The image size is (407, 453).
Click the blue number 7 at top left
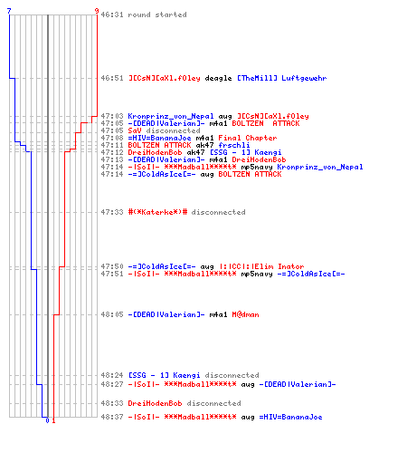point(9,11)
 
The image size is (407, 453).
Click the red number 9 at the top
point(97,11)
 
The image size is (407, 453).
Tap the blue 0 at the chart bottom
point(47,420)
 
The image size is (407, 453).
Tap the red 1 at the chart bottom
point(53,420)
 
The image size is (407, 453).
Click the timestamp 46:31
point(112,14)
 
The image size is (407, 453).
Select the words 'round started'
point(157,14)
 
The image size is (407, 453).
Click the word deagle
point(218,78)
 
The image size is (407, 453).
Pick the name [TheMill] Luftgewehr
point(282,78)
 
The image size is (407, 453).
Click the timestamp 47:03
point(112,116)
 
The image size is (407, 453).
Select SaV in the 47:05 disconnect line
point(135,130)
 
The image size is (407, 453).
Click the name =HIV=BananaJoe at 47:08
point(159,138)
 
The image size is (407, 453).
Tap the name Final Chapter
point(248,138)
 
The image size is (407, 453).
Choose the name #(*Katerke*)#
point(157,212)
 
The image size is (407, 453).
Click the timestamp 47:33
point(112,212)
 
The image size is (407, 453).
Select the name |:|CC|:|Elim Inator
point(261,266)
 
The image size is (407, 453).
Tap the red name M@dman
point(245,314)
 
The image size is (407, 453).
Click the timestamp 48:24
point(112,375)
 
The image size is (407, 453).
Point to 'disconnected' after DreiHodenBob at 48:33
point(214,403)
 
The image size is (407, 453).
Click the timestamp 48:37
point(112,417)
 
